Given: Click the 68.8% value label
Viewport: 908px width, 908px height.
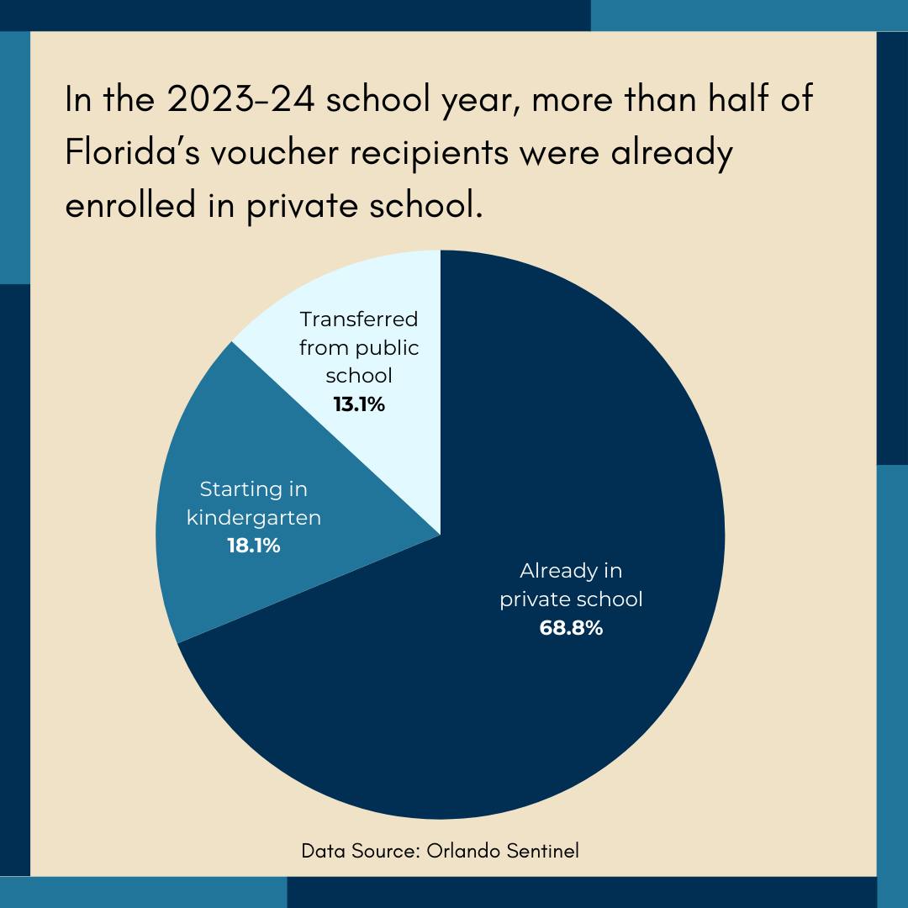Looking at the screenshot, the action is tap(571, 628).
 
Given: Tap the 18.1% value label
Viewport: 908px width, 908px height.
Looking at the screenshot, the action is tap(254, 546).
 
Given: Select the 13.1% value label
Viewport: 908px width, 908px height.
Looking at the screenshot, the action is tap(359, 404).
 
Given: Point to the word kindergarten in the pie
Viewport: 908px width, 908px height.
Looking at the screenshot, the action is tap(254, 517).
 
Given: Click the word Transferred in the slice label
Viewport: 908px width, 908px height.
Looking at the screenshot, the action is tap(359, 319).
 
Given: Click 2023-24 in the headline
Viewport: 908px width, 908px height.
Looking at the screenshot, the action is tap(241, 99).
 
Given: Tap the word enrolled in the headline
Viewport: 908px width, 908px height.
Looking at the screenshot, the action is tap(130, 206).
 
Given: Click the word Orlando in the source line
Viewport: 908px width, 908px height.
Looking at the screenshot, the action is tap(463, 851).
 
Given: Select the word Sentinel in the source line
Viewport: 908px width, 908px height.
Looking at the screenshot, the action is tap(542, 851).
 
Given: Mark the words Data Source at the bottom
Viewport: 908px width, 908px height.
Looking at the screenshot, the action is tap(360, 851).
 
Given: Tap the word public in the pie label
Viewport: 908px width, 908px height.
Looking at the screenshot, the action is tap(387, 349).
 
